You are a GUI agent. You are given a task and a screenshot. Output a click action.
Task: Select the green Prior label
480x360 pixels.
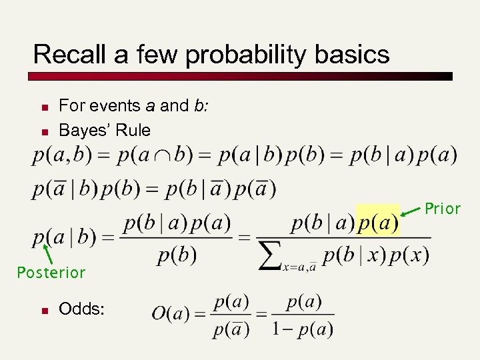pos(443,209)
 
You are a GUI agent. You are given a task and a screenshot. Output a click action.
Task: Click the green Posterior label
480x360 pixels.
pos(51,273)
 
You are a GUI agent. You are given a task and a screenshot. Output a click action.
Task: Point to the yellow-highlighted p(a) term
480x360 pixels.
pos(378,222)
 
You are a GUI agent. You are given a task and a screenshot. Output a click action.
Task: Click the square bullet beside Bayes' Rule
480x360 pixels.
pos(42,130)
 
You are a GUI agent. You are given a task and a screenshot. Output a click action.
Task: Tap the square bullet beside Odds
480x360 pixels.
pos(42,310)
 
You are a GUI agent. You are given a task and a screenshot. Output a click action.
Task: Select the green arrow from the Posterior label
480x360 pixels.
pos(47,253)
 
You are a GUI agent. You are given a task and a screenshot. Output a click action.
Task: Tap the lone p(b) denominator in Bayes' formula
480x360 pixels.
pos(177,255)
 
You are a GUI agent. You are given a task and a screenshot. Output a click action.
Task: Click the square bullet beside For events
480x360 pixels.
pos(42,107)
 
